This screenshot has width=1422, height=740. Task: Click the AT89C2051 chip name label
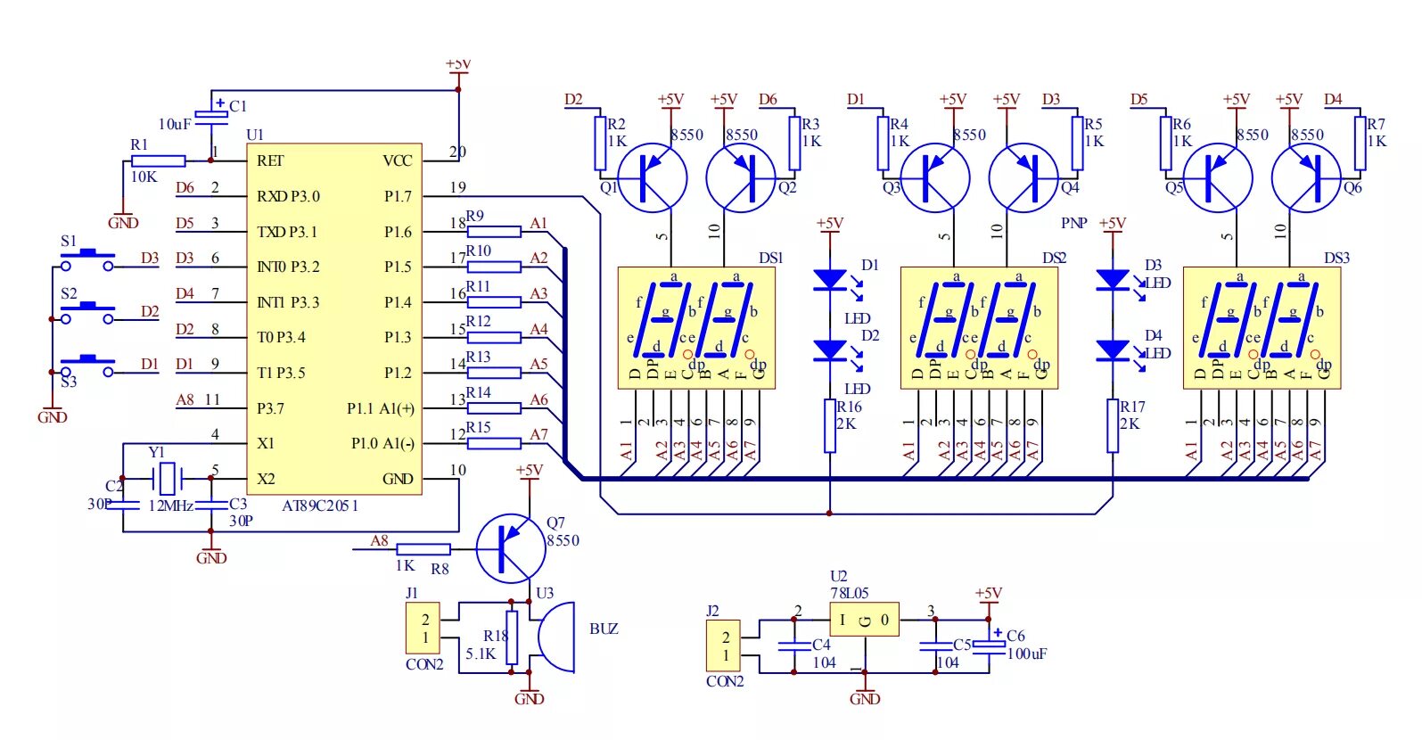coord(320,506)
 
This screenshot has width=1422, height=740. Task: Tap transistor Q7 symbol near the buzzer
coord(511,547)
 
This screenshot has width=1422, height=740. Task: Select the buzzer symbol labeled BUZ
coord(556,637)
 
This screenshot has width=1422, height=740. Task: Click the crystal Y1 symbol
coord(167,479)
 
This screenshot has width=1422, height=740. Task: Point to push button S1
coord(86,259)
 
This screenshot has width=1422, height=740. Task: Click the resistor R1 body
coord(158,161)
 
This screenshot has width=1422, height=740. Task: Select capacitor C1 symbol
coord(212,113)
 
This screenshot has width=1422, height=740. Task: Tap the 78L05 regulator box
coord(863,620)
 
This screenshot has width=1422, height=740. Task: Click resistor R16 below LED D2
coord(830,425)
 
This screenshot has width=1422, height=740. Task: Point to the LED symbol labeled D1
coord(830,279)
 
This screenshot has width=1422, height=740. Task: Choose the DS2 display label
coord(1054,258)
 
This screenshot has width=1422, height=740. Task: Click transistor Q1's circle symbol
coord(652,177)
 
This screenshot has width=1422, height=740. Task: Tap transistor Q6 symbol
coord(1305,177)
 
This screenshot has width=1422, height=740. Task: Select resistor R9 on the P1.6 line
coord(494,231)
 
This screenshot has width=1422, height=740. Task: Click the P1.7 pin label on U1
coord(398,196)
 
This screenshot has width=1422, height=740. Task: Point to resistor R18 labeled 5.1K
coord(512,637)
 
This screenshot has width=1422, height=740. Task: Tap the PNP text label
coord(1073,223)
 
